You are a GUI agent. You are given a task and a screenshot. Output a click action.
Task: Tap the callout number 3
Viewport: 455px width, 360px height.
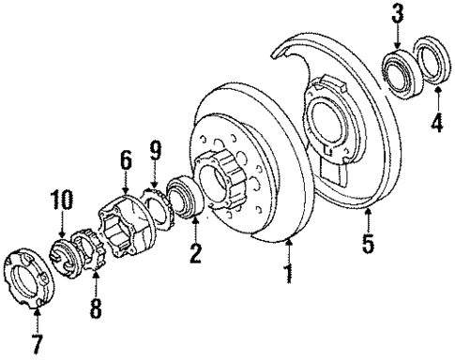click(x=398, y=14)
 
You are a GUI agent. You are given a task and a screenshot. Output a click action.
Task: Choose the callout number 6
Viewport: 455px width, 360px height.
click(x=124, y=161)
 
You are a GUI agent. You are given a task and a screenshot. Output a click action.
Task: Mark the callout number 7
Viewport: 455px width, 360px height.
click(x=36, y=344)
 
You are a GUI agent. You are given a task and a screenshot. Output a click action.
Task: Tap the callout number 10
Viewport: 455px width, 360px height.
click(x=60, y=199)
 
